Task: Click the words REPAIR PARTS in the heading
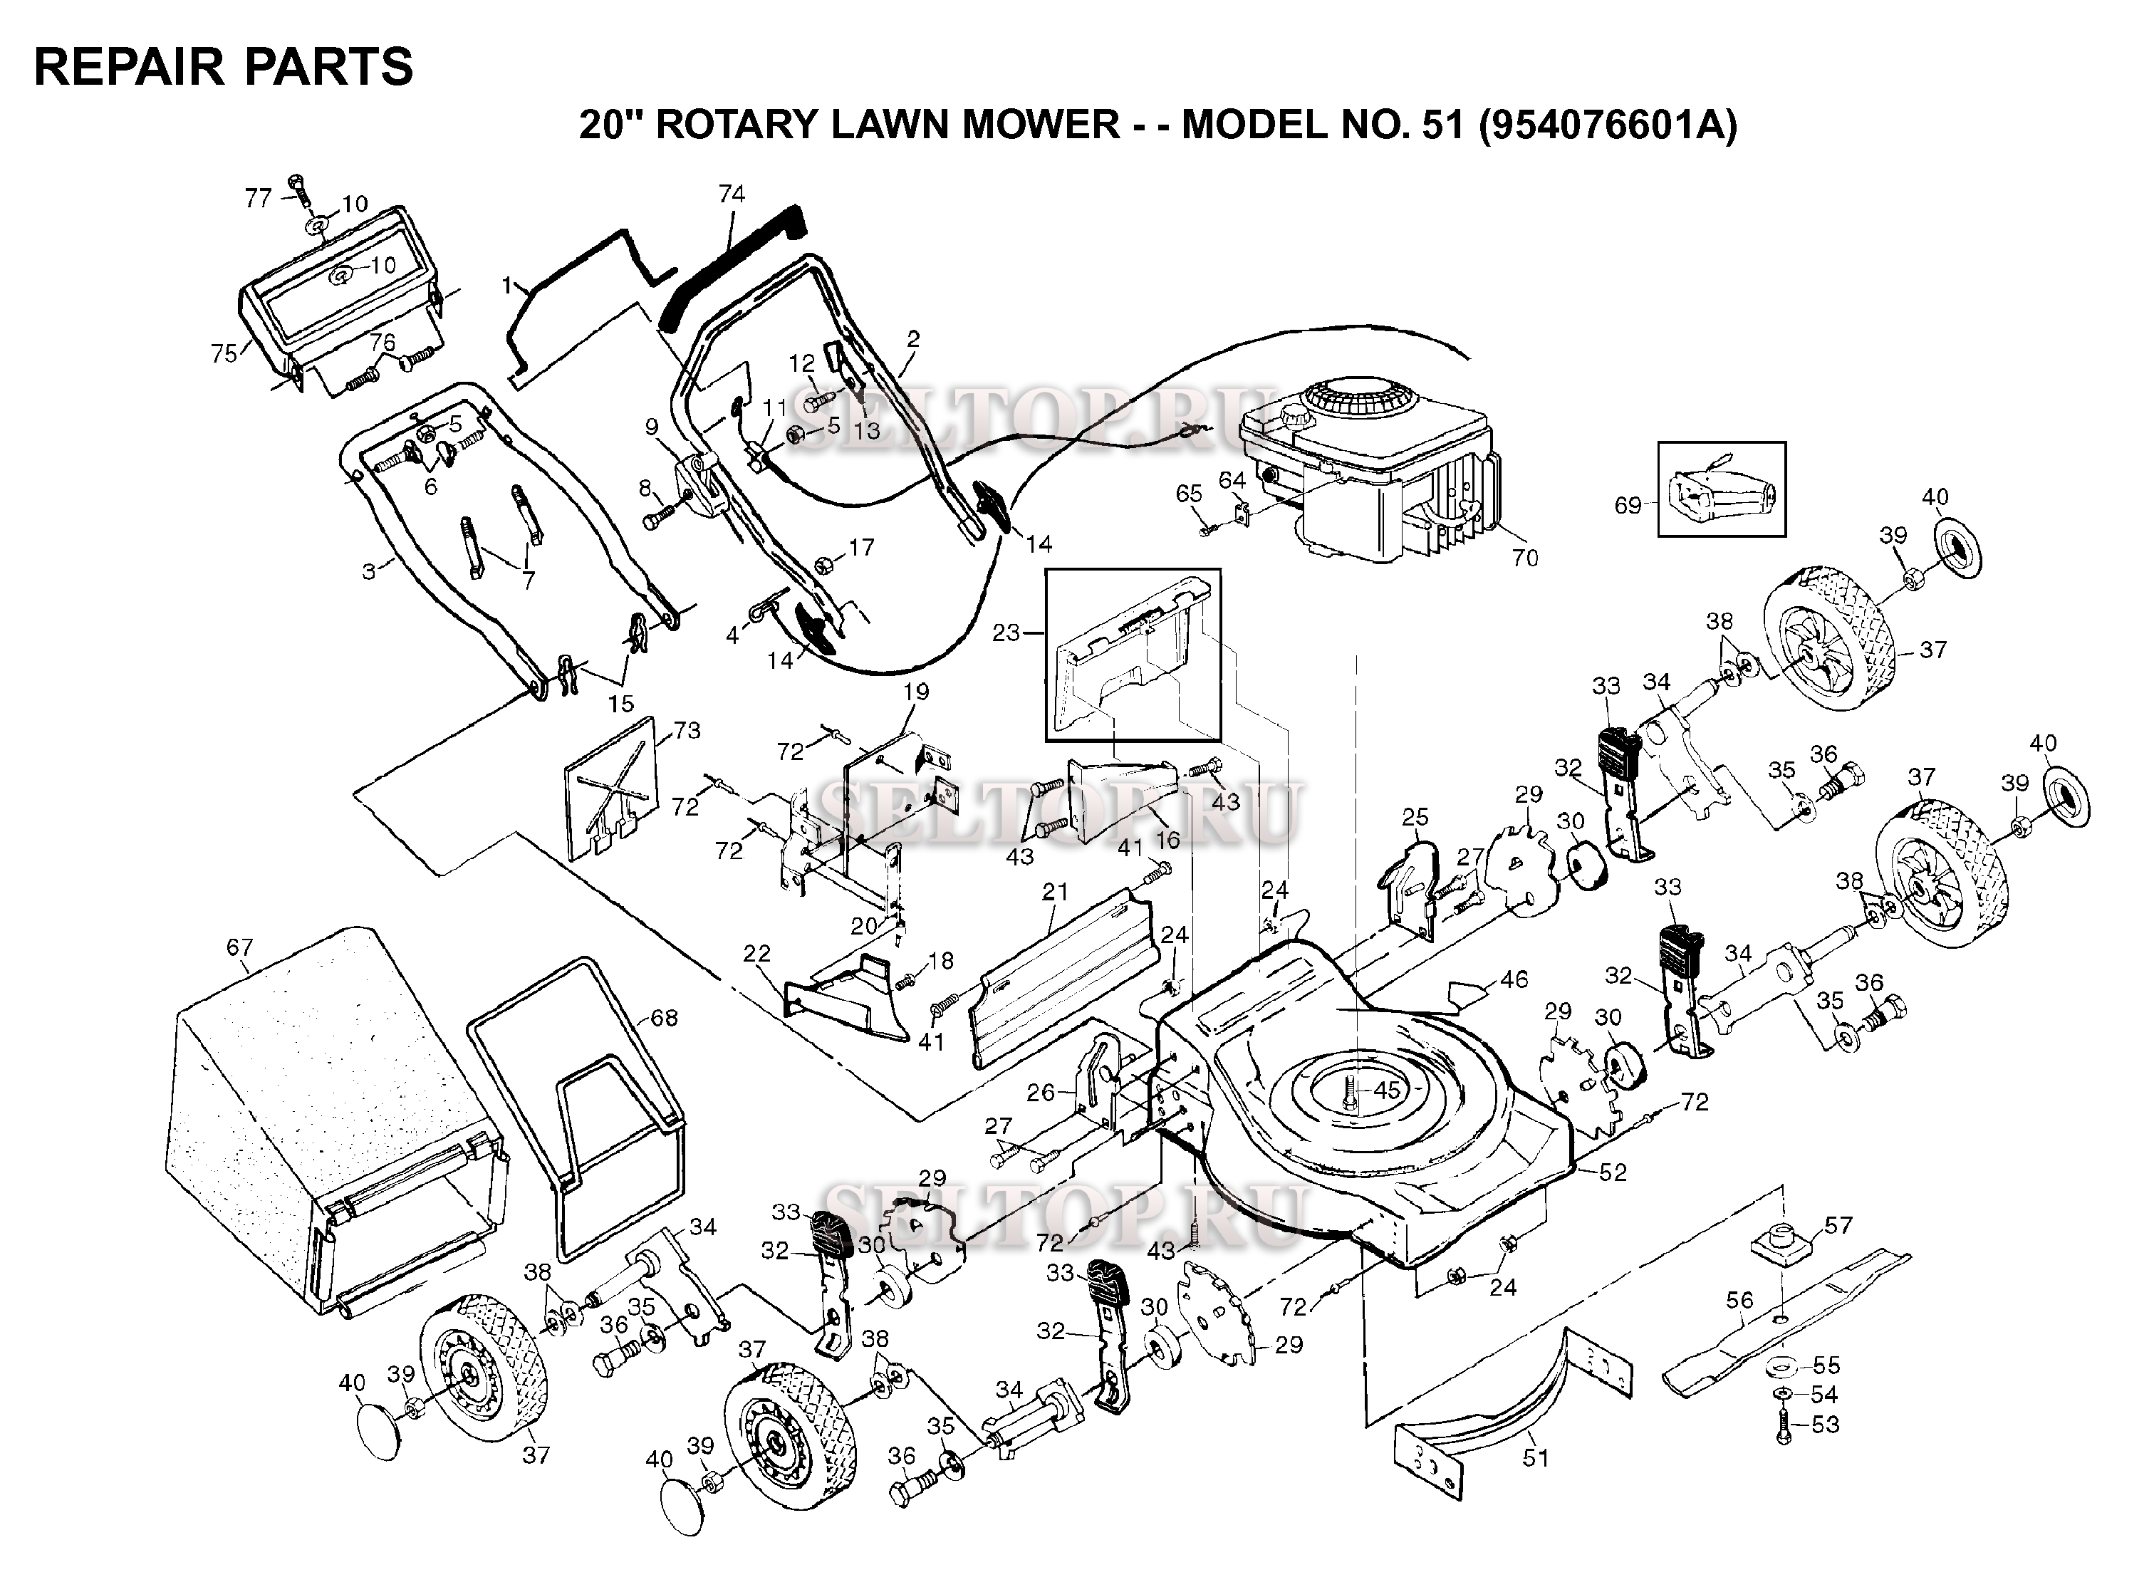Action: coord(223,67)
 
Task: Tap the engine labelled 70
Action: coord(1364,471)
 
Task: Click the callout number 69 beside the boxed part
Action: coord(1628,505)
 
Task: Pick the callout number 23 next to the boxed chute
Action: coord(1006,633)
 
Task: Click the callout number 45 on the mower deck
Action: coord(1386,1091)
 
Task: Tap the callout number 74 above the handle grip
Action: coord(731,194)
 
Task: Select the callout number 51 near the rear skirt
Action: coord(1535,1457)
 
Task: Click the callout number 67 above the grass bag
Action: coord(239,948)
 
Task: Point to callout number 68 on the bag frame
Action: coord(664,1017)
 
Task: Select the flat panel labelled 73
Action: coord(610,788)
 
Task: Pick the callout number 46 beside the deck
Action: coord(1514,981)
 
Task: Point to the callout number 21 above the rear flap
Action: coord(1055,892)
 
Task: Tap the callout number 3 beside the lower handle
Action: coord(369,571)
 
